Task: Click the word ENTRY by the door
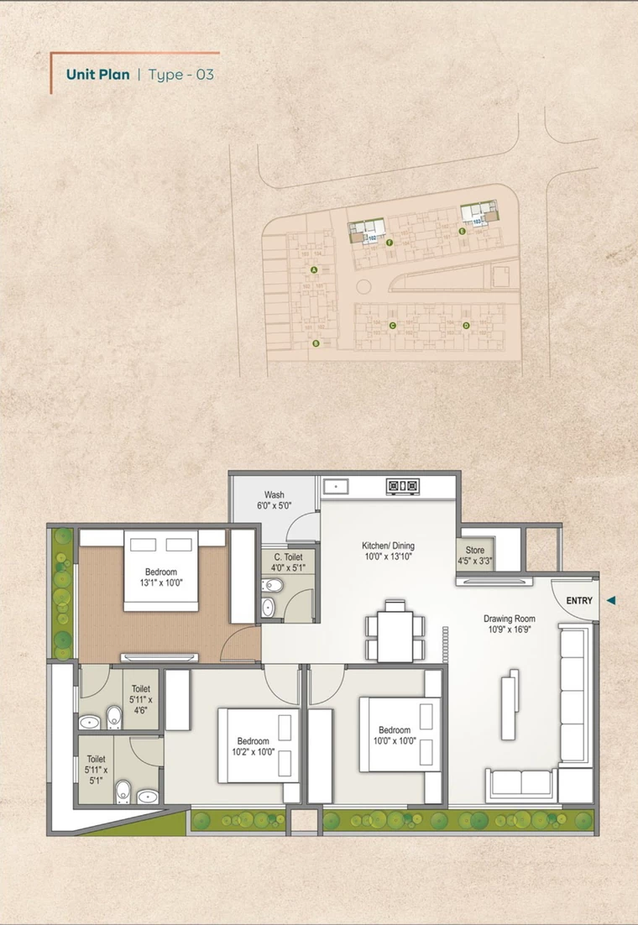(x=579, y=600)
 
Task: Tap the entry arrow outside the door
(x=611, y=600)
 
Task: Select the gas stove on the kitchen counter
(x=402, y=485)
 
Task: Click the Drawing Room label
(x=509, y=619)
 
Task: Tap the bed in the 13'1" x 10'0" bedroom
(x=161, y=571)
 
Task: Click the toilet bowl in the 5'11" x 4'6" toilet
(x=113, y=718)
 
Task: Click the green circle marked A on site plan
(x=314, y=270)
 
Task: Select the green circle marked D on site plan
(x=466, y=325)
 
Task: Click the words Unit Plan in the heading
(x=98, y=75)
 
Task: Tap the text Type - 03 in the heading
(x=180, y=75)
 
